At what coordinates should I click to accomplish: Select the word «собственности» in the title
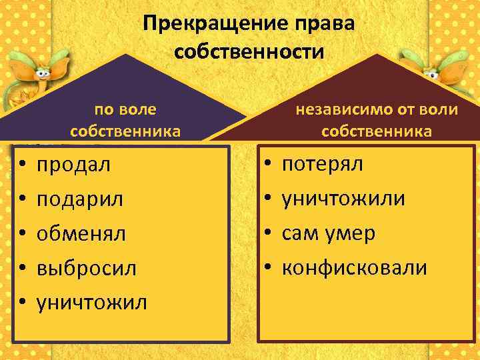pyautogui.click(x=248, y=51)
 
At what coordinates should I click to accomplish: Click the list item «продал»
pyautogui.click(x=73, y=165)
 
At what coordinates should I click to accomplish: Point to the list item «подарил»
pyautogui.click(x=80, y=199)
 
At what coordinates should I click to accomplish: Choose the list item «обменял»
pyautogui.click(x=81, y=233)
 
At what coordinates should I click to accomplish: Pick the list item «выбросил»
pyautogui.click(x=87, y=268)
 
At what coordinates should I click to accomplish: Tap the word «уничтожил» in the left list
pyautogui.click(x=92, y=303)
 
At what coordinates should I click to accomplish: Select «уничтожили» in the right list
pyautogui.click(x=343, y=199)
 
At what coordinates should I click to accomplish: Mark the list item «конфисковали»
pyautogui.click(x=354, y=268)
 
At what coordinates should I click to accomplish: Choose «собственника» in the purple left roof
pyautogui.click(x=125, y=131)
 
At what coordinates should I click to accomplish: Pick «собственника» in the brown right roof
pyautogui.click(x=377, y=131)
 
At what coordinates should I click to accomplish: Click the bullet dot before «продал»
pyautogui.click(x=22, y=165)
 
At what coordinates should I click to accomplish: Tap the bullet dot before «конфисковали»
pyautogui.click(x=267, y=268)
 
